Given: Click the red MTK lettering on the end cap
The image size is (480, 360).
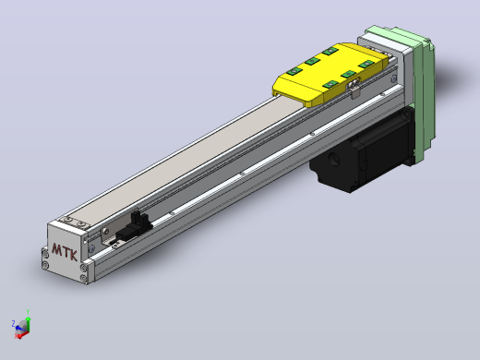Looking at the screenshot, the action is pos(65,252).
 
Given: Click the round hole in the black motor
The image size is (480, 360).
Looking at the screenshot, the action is pos(334,159).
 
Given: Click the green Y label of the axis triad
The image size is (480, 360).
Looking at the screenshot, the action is pos(28,312).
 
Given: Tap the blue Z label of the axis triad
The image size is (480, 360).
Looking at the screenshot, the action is pos(13,323).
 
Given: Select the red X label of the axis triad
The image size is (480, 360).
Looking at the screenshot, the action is pos(16,336).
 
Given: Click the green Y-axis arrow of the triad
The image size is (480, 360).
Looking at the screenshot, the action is pos(28,324).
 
